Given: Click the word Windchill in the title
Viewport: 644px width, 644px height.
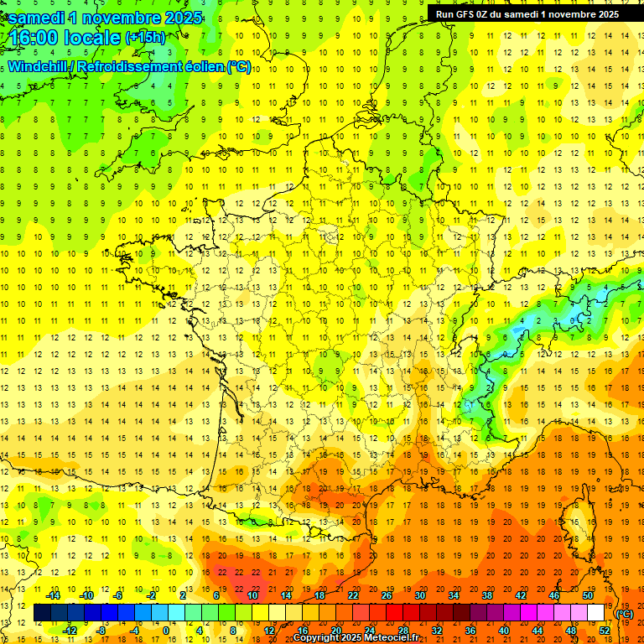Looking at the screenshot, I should pos(42,67).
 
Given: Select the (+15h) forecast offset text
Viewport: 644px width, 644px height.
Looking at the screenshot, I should pos(145,37).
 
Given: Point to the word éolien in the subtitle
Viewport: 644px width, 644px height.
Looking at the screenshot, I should pos(196,67).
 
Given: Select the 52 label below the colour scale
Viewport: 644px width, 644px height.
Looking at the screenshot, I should pos(605,630).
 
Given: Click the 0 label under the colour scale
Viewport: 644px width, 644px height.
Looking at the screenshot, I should pos(166,630).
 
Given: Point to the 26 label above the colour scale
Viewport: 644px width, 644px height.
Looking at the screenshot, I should pos(387,595).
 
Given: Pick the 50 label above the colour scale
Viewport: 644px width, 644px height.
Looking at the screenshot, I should pos(588,595).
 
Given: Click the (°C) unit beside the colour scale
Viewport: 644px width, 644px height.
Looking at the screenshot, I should pos(624,614).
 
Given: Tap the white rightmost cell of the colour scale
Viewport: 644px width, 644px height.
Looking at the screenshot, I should pos(596,613).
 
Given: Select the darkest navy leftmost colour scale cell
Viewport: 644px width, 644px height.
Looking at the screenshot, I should pos(42,613).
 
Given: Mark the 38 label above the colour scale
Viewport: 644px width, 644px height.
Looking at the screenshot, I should pos(487,595).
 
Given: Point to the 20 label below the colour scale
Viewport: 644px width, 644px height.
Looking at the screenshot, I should pos(336,630).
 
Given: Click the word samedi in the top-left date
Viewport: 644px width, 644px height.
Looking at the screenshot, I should pos(37,18).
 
